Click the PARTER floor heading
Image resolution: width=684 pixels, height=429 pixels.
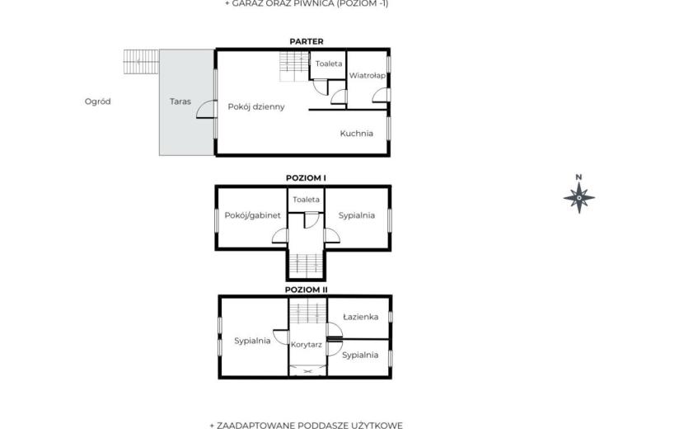[x=307, y=41]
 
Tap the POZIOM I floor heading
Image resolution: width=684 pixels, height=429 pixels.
[x=306, y=178]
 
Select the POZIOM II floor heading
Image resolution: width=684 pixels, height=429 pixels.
[x=306, y=290]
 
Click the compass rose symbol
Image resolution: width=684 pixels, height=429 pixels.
[x=579, y=198]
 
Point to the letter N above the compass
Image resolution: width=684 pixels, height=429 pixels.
[x=579, y=177]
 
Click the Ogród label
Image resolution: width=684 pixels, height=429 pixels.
[x=98, y=101]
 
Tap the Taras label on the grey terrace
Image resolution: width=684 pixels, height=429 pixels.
[x=180, y=101]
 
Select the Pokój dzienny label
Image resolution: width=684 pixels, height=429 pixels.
[x=256, y=106]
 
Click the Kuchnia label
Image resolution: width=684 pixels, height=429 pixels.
[x=356, y=134]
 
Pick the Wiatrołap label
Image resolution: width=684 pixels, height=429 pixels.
[x=368, y=75]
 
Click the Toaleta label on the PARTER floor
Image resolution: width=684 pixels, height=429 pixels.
[x=329, y=64]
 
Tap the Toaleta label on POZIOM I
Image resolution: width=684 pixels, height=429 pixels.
[x=306, y=199]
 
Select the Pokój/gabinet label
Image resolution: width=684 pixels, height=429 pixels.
[x=252, y=215]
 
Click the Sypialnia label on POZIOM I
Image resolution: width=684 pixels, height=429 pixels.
[x=356, y=215]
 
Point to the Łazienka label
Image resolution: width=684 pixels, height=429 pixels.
[x=360, y=317]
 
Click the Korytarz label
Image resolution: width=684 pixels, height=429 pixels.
[x=307, y=344]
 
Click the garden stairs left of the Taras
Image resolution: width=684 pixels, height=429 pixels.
[x=141, y=62]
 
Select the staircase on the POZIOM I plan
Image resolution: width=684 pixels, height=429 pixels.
[x=306, y=265]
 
